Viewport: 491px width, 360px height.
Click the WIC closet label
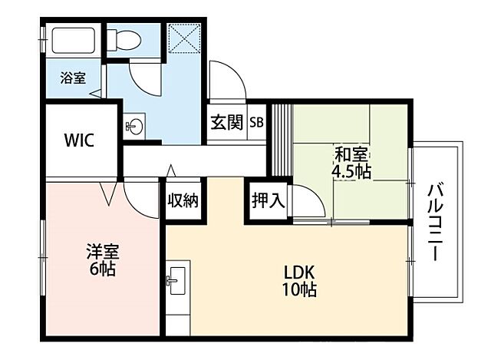[79, 140]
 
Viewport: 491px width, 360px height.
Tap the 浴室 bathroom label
[73, 78]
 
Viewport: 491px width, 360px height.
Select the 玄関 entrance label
[226, 122]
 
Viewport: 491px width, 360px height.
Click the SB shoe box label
[255, 122]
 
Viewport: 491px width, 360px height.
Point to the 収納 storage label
[183, 200]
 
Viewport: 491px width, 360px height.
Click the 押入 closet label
[269, 201]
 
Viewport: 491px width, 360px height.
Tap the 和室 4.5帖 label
[351, 162]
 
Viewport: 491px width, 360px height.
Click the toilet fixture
[122, 38]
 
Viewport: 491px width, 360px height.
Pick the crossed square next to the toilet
[185, 38]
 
